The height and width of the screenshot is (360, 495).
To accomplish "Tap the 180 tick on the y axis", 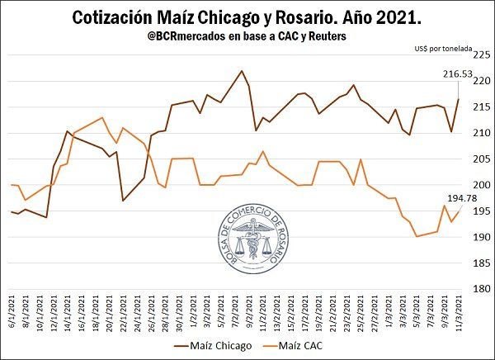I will coord(482,289).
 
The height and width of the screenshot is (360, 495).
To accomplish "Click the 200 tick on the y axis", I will coord(482,185).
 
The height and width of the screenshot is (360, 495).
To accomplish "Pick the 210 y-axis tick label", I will coord(482,133).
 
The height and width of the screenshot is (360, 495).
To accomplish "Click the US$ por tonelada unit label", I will coord(444,50).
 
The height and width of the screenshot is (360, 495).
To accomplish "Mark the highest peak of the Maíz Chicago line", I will coord(241,71).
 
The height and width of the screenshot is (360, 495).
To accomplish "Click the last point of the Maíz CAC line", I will coord(460,211).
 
